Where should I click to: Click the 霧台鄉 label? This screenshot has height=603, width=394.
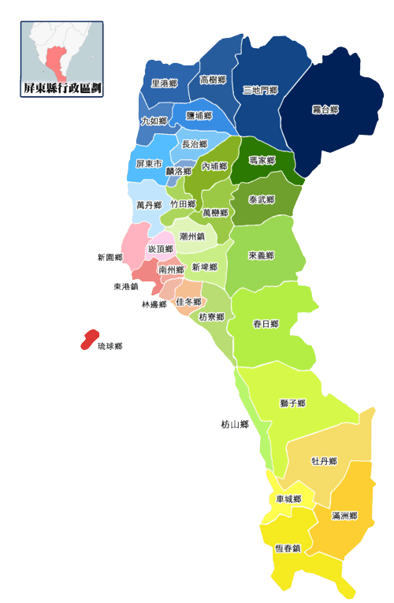tap(324, 110)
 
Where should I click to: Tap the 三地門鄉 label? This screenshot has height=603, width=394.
tap(261, 91)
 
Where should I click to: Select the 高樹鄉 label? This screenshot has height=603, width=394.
tap(213, 80)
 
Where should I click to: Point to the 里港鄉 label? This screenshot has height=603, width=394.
tap(164, 83)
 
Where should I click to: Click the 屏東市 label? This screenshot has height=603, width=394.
tap(149, 164)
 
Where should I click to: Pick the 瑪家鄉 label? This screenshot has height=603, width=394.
tap(262, 161)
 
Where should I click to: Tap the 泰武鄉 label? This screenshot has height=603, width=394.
tap(261, 200)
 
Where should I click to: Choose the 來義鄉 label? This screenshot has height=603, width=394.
tap(260, 255)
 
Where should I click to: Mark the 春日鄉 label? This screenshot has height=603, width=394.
tap(266, 324)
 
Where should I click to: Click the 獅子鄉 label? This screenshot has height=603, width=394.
tap(292, 403)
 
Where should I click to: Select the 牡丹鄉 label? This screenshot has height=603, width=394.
tap(324, 461)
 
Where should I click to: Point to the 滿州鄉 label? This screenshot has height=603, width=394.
tap(344, 516)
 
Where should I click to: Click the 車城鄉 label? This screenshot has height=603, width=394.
tap(289, 499)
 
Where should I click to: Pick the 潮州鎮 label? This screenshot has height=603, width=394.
tap(192, 236)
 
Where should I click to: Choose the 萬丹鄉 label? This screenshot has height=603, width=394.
tap(148, 205)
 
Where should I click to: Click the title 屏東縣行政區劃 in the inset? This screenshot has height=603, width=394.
tap(62, 88)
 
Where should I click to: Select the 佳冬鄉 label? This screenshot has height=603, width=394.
tap(188, 302)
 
